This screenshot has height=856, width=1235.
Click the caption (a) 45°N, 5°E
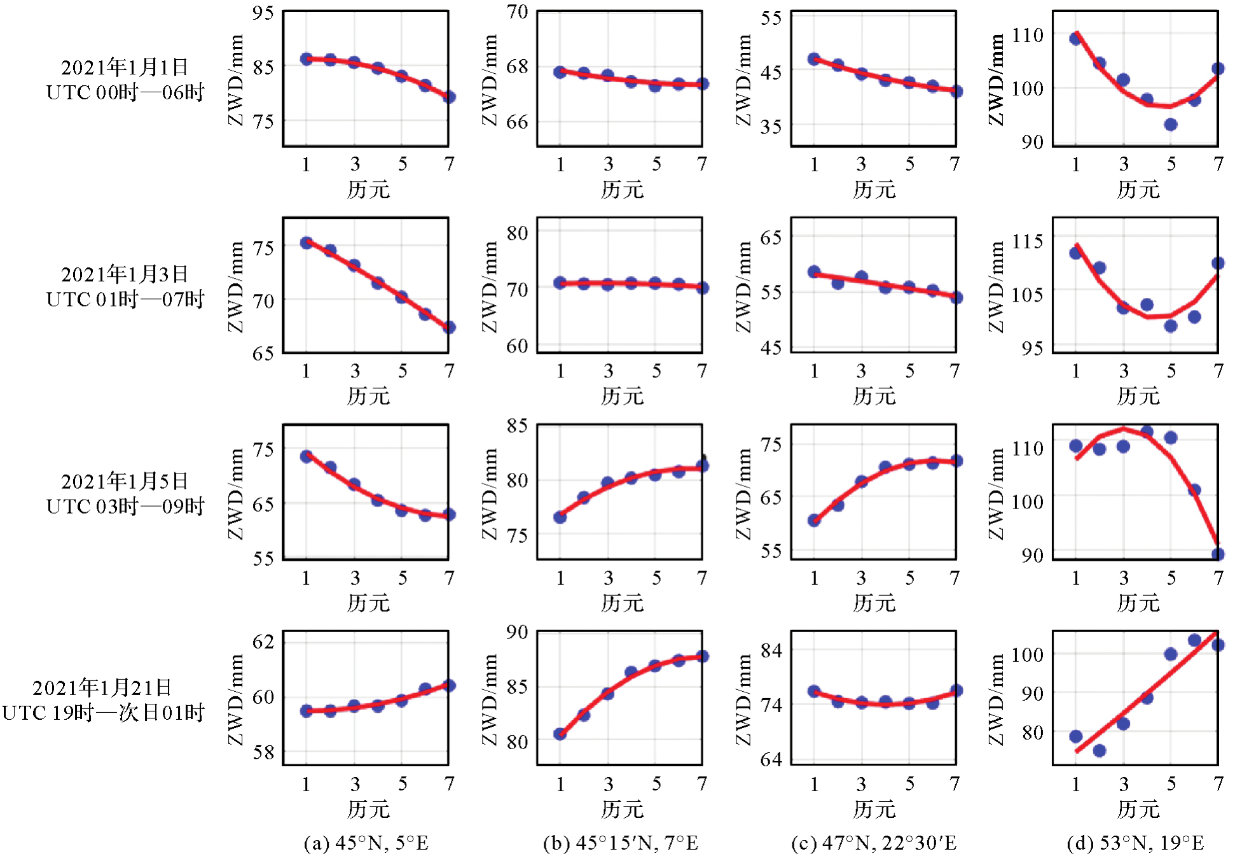pos(366,843)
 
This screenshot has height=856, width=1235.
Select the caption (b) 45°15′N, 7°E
pos(621,843)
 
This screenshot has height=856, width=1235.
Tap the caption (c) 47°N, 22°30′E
pos(874,843)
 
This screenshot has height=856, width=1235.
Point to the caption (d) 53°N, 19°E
pos(1136,843)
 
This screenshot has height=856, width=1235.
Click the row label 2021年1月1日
pos(125,67)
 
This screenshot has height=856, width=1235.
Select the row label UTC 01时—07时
pos(125,299)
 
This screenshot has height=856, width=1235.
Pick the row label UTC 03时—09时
pos(125,506)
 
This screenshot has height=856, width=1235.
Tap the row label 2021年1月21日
pos(102,687)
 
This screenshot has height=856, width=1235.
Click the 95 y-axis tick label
pos(263,13)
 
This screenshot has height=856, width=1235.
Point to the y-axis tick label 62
pos(263,641)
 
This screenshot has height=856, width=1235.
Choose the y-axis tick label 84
pos(771,650)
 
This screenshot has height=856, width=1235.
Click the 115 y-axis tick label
pos(1028,241)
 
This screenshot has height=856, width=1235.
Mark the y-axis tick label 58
pos(263,752)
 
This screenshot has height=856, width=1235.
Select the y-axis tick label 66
pos(517,121)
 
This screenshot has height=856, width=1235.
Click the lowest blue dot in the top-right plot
pos(1171,124)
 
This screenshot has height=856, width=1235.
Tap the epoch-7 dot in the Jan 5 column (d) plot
pos(1217,554)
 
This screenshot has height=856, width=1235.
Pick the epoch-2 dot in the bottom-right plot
pos(1100,751)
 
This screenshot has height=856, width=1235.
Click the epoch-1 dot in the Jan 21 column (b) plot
pos(560,734)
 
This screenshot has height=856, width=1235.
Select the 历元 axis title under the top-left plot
pos(368,189)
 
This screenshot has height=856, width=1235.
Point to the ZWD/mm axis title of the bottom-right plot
pos(997,699)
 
